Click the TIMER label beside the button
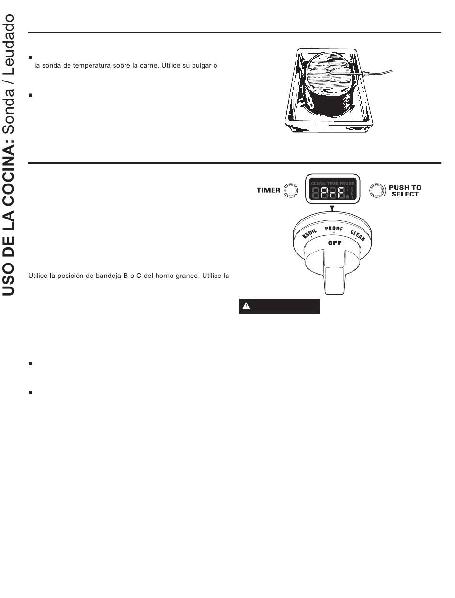click(268, 190)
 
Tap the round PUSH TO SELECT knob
click(377, 191)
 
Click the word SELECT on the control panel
click(405, 194)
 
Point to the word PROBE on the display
click(347, 184)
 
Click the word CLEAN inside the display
click(318, 184)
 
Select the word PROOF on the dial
click(334, 229)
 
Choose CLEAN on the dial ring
click(357, 235)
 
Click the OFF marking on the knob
click(334, 243)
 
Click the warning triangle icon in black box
click(246, 306)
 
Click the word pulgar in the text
click(196, 65)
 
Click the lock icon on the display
click(347, 196)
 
